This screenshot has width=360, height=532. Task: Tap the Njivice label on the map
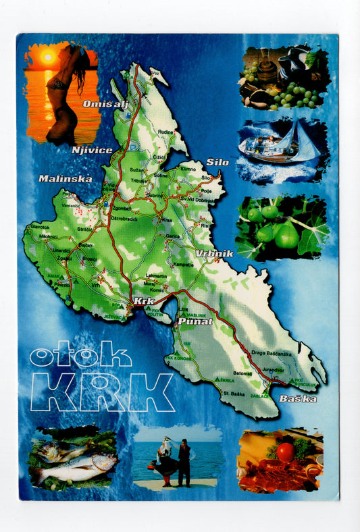tap(92, 150)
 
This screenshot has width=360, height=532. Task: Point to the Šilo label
tap(217, 162)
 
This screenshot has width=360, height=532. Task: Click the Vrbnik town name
tap(214, 253)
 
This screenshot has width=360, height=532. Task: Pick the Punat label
tap(196, 322)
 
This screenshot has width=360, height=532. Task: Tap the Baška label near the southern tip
tap(298, 398)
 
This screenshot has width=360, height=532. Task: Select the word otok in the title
tap(80, 356)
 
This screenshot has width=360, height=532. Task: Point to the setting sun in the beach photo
tap(47, 57)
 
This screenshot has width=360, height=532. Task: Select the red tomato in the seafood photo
tap(286, 450)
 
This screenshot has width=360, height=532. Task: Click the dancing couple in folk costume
tap(175, 461)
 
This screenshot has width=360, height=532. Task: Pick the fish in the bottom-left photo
tap(74, 464)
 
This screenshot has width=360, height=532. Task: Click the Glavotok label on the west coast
tap(40, 227)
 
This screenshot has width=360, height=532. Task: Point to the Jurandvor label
tap(273, 370)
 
